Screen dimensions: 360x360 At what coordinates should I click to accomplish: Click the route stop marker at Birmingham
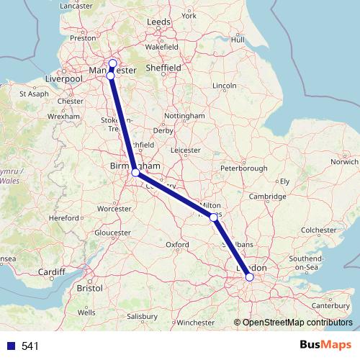[135, 173]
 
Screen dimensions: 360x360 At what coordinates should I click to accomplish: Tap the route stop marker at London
[249, 276]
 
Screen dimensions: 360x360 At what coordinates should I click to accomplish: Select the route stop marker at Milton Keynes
[214, 217]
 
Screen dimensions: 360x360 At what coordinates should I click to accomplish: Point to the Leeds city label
[158, 22]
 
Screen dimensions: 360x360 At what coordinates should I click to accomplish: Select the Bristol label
[90, 287]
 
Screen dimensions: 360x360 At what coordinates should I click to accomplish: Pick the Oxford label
[177, 245]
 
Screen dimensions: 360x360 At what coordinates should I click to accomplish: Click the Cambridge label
[269, 197]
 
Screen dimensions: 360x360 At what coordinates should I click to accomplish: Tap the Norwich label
[343, 162]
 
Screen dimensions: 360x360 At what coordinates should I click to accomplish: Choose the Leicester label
[186, 150]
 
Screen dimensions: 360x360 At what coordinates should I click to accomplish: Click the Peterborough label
[244, 168]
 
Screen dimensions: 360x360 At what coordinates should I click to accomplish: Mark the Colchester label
[318, 230]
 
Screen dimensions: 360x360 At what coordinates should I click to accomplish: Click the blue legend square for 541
[11, 346]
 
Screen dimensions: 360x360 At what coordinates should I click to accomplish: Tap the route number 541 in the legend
[30, 346]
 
